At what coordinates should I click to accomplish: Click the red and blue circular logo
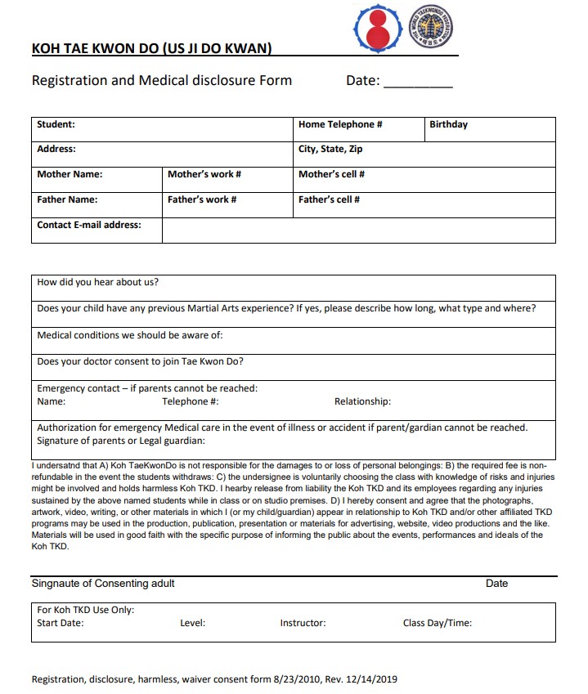click(376, 28)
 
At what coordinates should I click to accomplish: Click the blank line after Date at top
click(418, 82)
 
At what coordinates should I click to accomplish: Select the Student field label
click(56, 125)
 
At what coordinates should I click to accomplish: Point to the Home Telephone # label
click(340, 125)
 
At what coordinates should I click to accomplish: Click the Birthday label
click(448, 125)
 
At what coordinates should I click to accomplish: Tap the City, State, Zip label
click(330, 150)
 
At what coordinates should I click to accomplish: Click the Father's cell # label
click(329, 199)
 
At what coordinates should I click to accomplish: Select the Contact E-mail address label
click(89, 225)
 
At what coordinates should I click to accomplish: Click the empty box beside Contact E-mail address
click(358, 230)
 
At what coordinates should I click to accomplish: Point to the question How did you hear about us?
click(98, 283)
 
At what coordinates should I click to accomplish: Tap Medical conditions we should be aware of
click(130, 335)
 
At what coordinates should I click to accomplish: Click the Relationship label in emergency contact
click(362, 401)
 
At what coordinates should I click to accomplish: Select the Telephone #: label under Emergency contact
click(191, 401)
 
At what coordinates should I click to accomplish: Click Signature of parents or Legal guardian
click(121, 441)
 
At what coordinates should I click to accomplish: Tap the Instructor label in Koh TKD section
click(303, 623)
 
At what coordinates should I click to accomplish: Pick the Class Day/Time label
click(437, 623)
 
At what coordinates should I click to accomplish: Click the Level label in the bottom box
click(192, 623)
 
